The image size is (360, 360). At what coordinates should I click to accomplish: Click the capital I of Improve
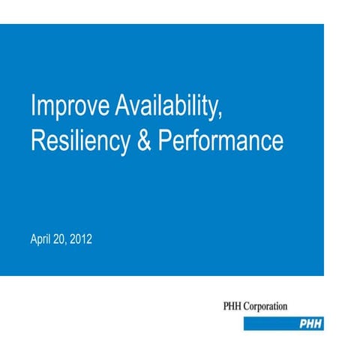tap(33, 107)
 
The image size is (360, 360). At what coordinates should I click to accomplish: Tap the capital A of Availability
tap(122, 107)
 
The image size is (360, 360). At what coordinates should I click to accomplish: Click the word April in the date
tap(41, 240)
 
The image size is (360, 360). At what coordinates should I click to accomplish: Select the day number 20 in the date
tap(62, 240)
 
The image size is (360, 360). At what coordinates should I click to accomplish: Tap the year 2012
tap(82, 240)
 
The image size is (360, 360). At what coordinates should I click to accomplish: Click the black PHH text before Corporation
tap(234, 306)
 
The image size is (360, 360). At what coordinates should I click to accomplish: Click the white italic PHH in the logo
tap(311, 323)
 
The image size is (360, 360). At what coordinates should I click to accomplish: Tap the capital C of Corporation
tap(251, 306)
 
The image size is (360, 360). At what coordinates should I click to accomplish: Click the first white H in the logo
tap(311, 323)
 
